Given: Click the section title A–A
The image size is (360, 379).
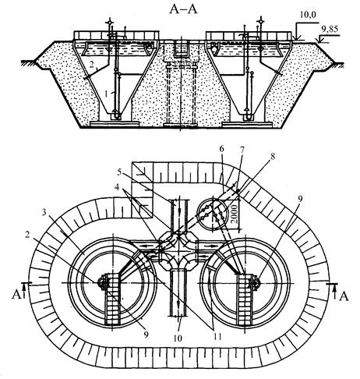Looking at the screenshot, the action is pos(183,9).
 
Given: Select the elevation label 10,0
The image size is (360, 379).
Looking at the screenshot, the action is pos(308,15).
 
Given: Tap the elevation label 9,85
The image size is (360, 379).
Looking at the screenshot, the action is pos(330,29).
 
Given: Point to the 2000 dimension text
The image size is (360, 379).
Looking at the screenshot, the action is pos(235,214).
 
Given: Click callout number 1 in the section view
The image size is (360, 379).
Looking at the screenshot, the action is pos(106,94).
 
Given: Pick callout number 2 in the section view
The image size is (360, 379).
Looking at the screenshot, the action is pos(91,65).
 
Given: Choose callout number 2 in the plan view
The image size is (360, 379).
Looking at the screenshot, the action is pos(27,235).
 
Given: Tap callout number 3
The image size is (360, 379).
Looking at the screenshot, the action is pos(45,213).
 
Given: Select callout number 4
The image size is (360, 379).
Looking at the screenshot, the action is pos(118,187).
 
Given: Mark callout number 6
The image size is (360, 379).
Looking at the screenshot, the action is pos(221,149).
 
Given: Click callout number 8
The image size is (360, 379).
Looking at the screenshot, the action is pos(273,156).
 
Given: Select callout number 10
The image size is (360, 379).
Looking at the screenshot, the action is pos(178,338).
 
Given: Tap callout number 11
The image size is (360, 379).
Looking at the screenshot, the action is pos(217,337).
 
